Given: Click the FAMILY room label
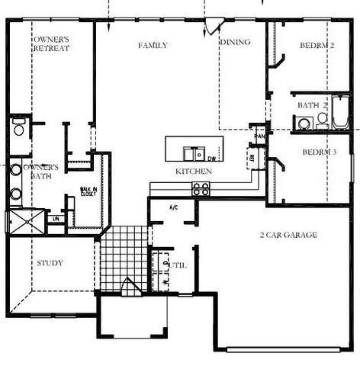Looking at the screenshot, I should pyautogui.click(x=153, y=46).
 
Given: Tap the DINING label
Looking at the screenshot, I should pyautogui.click(x=235, y=42).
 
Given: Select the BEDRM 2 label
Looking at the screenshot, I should pyautogui.click(x=318, y=46).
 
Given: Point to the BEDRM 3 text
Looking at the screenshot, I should pyautogui.click(x=319, y=152).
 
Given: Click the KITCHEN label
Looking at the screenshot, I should pyautogui.click(x=194, y=172).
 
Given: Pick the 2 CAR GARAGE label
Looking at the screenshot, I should pyautogui.click(x=288, y=235).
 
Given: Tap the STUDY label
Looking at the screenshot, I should pyautogui.click(x=50, y=263).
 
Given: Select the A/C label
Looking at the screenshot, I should pyautogui.click(x=173, y=207).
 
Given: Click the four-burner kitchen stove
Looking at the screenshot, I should pyautogui.click(x=201, y=189).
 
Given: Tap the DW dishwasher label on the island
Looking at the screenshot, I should pyautogui.click(x=211, y=157).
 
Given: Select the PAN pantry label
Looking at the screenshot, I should pyautogui.click(x=259, y=136).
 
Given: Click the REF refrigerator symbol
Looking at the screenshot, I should pyautogui.click(x=253, y=158).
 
